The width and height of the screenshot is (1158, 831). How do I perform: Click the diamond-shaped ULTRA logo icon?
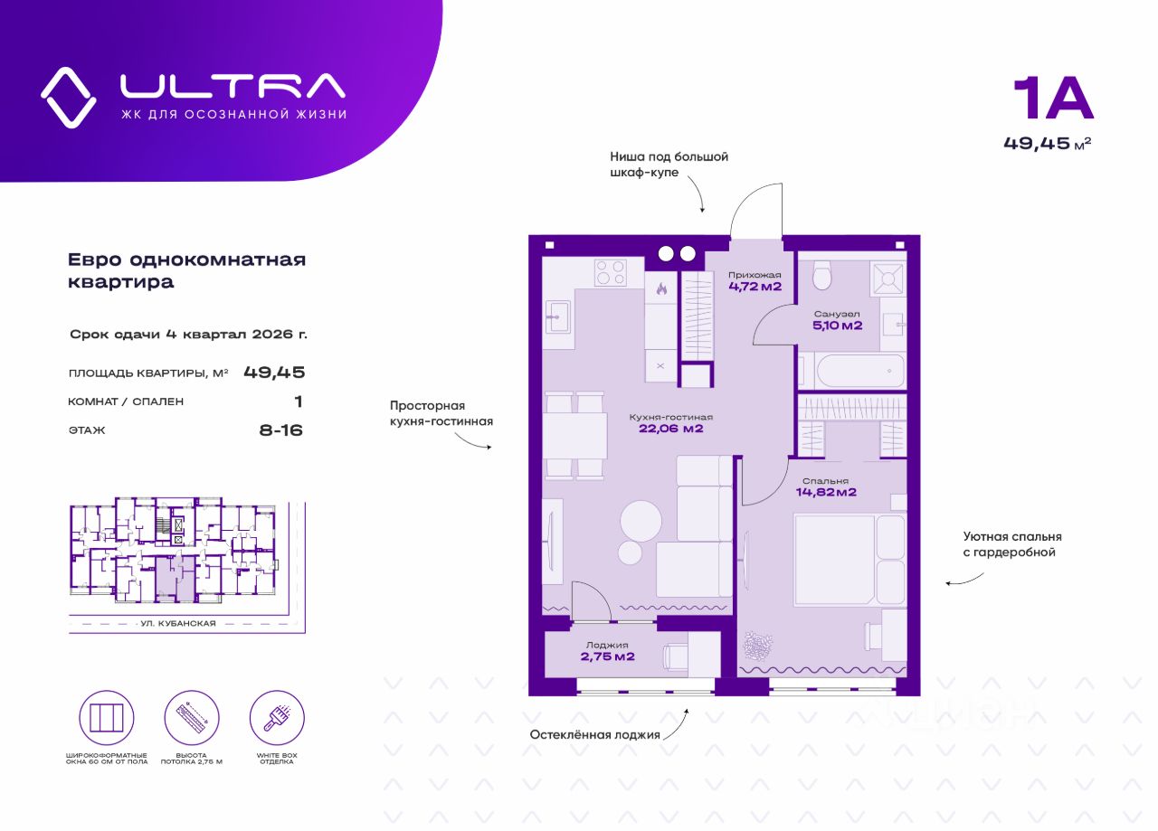tap(69, 97)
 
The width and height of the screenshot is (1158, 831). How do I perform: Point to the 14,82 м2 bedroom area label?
tap(826, 492)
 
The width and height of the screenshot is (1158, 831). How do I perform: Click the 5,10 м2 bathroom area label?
tap(838, 326)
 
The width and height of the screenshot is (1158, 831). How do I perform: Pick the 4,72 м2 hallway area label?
tap(755, 287)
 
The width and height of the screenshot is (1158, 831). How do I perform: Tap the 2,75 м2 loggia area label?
tap(608, 656)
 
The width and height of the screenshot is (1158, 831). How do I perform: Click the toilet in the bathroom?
tap(821, 275)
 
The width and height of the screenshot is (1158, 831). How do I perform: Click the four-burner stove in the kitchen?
tap(611, 272)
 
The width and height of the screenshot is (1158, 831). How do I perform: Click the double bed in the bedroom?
tap(849, 560)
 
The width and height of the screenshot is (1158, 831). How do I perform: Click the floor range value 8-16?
tap(280, 430)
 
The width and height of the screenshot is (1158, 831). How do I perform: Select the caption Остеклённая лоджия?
tap(594, 734)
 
